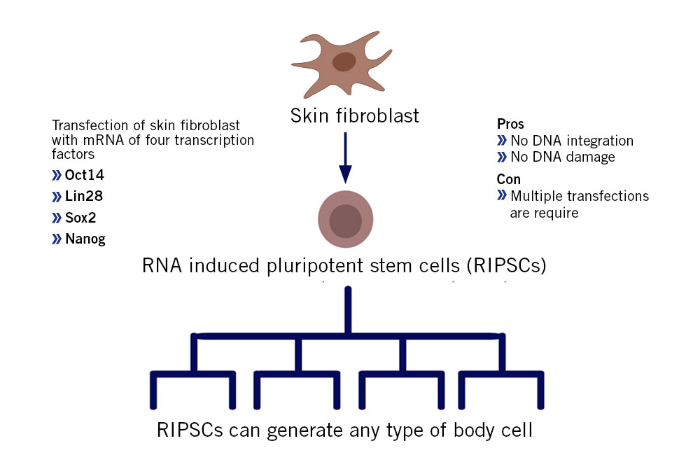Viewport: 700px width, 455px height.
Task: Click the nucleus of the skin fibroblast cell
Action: pyautogui.click(x=344, y=62)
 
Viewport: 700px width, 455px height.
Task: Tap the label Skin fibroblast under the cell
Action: pyautogui.click(x=354, y=115)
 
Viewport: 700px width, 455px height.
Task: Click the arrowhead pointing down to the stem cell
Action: pyautogui.click(x=345, y=174)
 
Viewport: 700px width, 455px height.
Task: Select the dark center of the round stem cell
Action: pyautogui.click(x=345, y=221)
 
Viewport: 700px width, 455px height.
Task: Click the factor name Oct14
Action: pyautogui.click(x=85, y=174)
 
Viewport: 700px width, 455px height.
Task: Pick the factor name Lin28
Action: pyautogui.click(x=84, y=195)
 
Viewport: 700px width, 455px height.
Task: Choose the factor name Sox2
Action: pyautogui.click(x=80, y=218)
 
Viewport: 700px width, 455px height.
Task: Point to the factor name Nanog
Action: pyautogui.click(x=85, y=239)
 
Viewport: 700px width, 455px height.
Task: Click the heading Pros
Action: pyautogui.click(x=510, y=124)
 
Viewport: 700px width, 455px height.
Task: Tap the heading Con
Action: pyautogui.click(x=508, y=179)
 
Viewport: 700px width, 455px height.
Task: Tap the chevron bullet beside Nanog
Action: pyautogui.click(x=56, y=239)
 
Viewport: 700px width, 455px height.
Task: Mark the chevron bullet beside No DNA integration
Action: pyautogui.click(x=502, y=141)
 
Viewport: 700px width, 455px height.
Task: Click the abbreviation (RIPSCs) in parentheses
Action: pyautogui.click(x=506, y=266)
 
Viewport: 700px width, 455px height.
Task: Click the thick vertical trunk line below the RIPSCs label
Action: pyautogui.click(x=348, y=310)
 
